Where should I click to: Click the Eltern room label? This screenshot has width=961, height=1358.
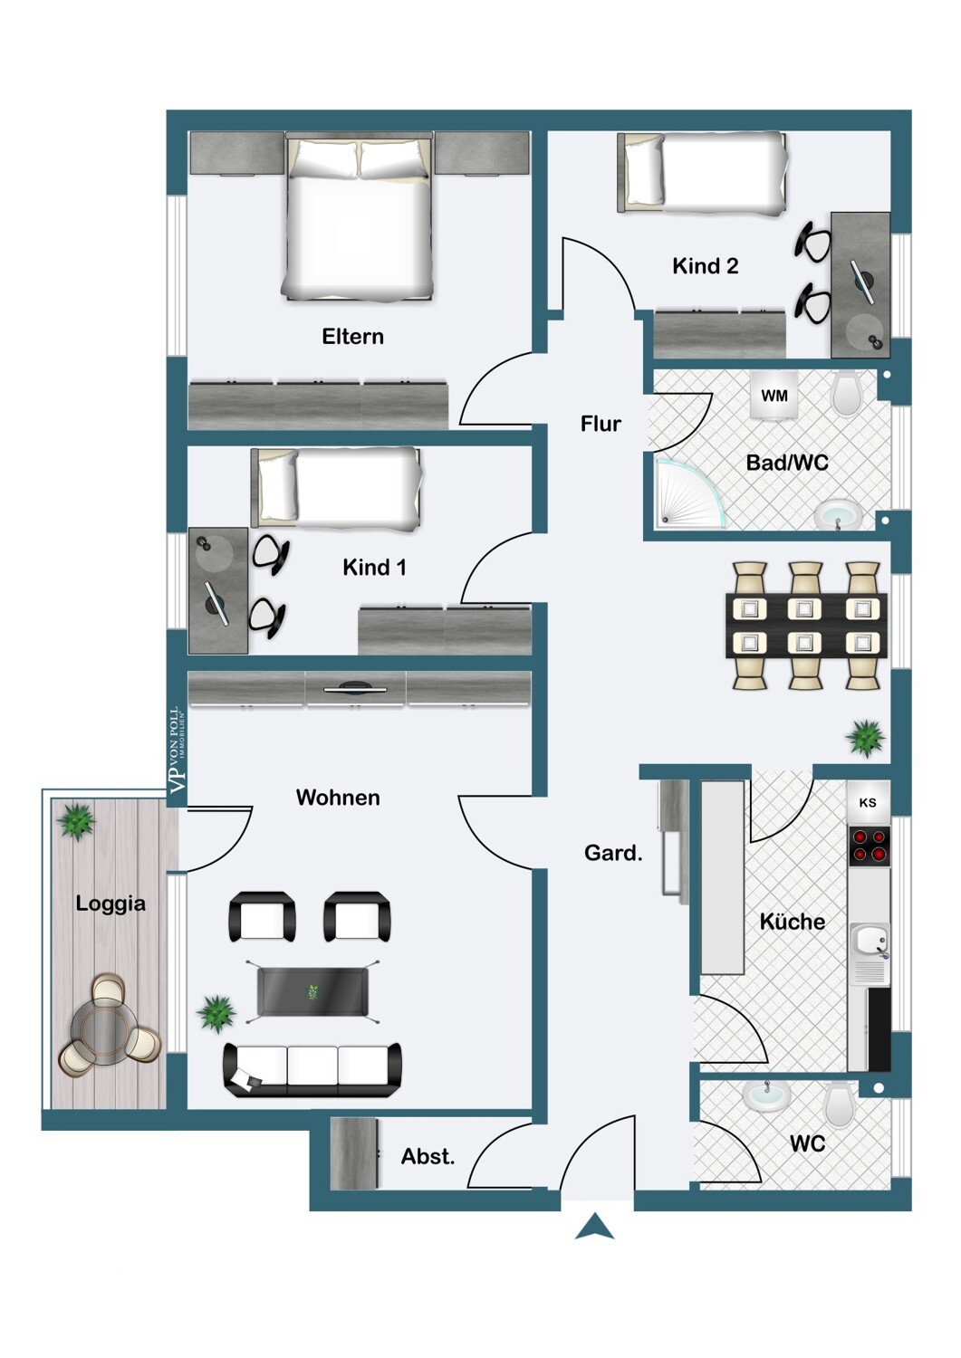pos(352,337)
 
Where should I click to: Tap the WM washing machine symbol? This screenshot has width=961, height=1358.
pos(774,396)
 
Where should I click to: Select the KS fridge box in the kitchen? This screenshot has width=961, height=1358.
pos(868,803)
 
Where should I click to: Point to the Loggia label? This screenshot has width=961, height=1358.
pos(111,904)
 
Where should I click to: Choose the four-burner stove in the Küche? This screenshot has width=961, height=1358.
pos(869,846)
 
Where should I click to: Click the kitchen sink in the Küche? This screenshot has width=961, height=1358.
pos(870,942)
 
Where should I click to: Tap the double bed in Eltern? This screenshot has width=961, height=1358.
pos(359,217)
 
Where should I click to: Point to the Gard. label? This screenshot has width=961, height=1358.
pos(613,853)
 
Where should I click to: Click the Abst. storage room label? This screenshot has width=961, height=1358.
pos(428,1157)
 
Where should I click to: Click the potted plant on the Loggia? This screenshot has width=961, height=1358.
pos(76,821)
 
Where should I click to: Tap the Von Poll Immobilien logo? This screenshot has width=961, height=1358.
pos(178,751)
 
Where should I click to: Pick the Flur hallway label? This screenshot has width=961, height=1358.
pos(601,424)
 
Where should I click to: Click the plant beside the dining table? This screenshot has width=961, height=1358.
pos(865,738)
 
